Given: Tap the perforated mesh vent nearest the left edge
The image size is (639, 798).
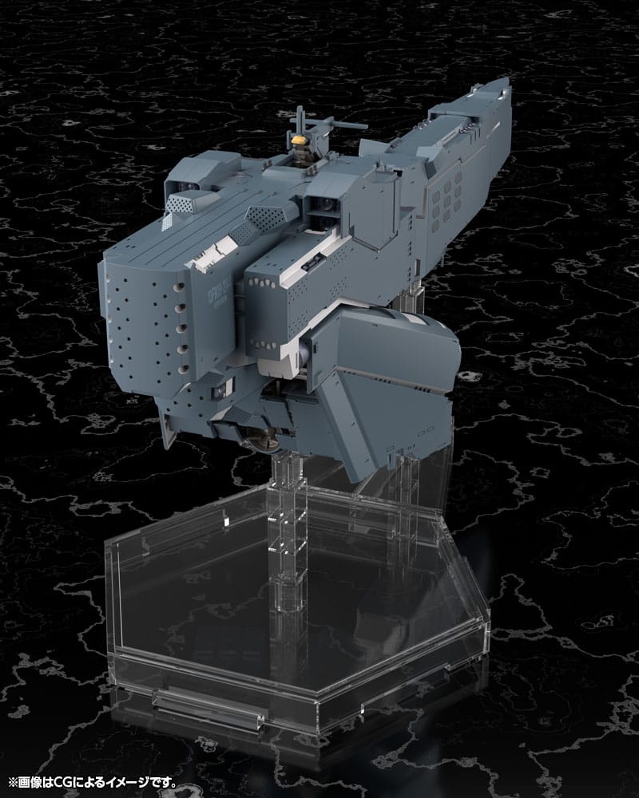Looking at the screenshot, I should (x=180, y=204).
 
